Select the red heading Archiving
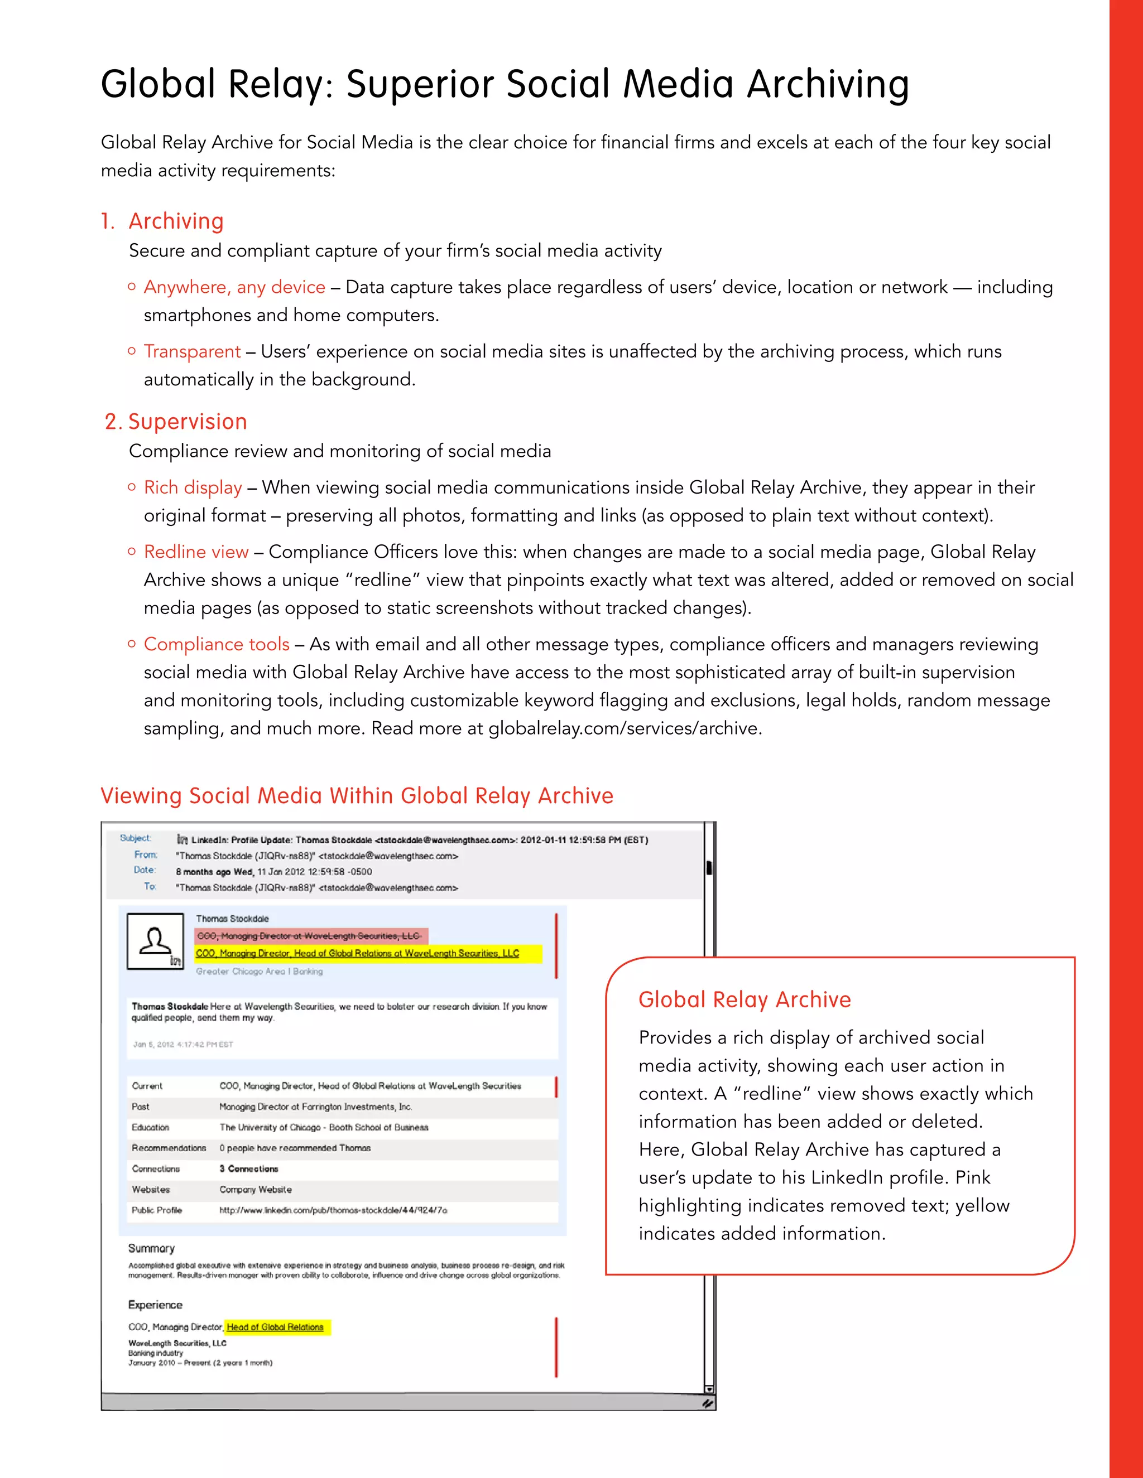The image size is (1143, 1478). [x=176, y=221]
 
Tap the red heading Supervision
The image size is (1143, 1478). [x=188, y=422]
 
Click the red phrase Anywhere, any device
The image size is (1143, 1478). [x=234, y=287]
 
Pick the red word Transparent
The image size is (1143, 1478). [x=193, y=351]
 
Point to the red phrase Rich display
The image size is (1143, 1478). [x=193, y=487]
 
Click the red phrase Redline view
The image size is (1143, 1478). [x=196, y=552]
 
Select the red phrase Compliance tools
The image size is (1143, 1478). [x=217, y=644]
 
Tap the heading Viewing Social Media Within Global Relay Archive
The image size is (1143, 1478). [x=357, y=795]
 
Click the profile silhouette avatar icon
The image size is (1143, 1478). [x=156, y=941]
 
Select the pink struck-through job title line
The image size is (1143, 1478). [x=309, y=936]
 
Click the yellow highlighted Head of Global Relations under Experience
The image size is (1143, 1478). [x=276, y=1327]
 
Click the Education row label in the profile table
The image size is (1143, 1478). [x=150, y=1127]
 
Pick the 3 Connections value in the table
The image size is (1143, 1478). [x=248, y=1168]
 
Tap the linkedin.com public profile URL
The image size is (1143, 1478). [x=333, y=1210]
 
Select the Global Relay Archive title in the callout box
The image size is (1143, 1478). [x=744, y=999]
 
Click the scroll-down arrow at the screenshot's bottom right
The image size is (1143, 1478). [x=709, y=1389]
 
